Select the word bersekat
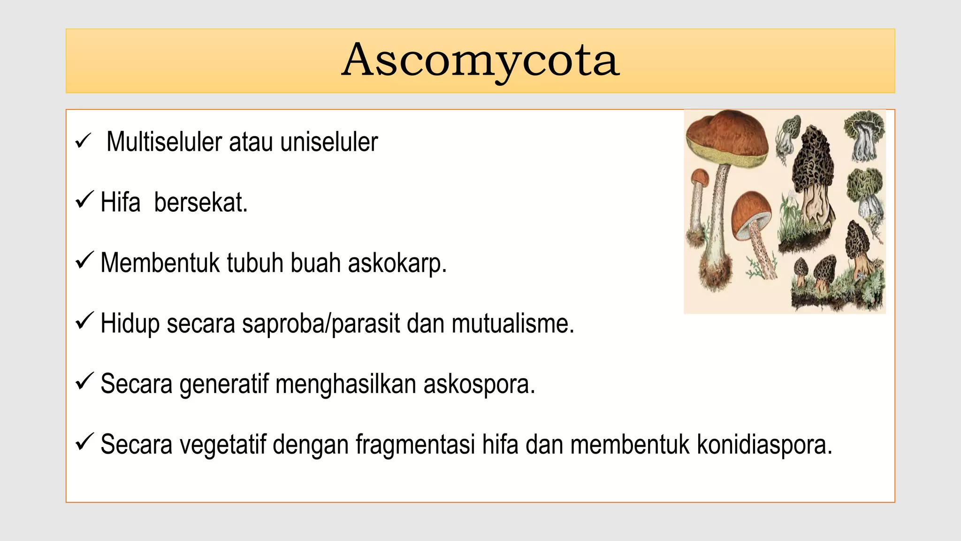pos(200,202)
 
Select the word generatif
pos(224,385)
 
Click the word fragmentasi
pos(415,445)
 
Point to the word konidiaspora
pos(764,445)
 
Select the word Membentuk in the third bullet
pos(160,263)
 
